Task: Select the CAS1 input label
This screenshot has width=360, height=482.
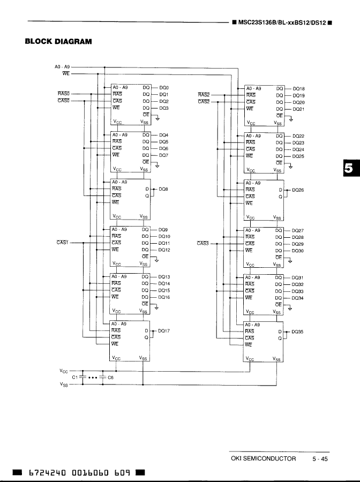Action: (62, 243)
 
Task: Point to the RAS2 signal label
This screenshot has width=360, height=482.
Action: (204, 94)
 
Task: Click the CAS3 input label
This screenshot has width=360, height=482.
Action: (203, 243)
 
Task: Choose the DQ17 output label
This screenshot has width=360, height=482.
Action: (164, 331)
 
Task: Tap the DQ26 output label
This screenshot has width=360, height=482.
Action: (298, 189)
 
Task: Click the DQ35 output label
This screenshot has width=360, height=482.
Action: (297, 332)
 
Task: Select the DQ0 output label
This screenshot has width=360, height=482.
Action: (164, 87)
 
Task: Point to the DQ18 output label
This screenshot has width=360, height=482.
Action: (299, 88)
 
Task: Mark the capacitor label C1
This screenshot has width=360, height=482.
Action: (75, 377)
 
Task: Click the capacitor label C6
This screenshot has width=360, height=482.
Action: (111, 377)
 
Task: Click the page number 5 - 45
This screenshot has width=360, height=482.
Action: (320, 458)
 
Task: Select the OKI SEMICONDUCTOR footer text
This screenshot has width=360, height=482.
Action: (263, 458)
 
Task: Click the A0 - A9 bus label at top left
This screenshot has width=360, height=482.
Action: (63, 67)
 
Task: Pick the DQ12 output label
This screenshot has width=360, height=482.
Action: (164, 250)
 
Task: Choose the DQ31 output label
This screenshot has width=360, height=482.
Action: (298, 277)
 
